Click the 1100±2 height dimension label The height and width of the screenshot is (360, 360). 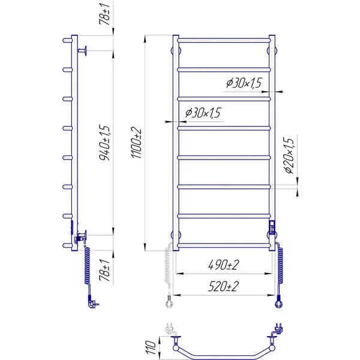click(136, 142)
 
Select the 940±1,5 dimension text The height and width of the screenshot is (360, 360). click(104, 142)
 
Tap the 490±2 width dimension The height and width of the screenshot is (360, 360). click(223, 265)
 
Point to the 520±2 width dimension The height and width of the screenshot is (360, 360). click(223, 286)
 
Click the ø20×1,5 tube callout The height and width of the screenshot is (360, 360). click(289, 155)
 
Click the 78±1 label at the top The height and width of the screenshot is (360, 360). click(104, 14)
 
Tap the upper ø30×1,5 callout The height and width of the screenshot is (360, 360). click(244, 83)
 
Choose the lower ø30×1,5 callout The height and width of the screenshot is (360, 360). click(203, 113)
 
